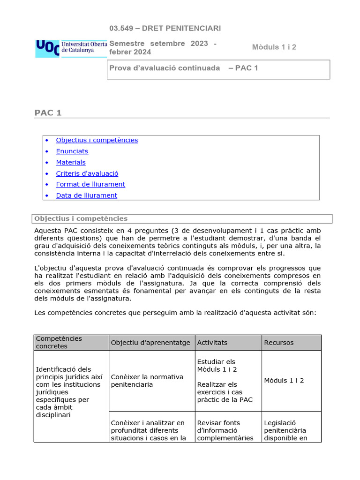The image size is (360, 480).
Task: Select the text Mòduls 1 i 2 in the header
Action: tap(274, 47)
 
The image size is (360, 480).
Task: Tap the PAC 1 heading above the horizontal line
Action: tap(48, 112)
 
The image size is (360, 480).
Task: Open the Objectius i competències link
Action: tap(97, 140)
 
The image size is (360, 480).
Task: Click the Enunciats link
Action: tap(72, 151)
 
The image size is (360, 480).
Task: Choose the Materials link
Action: tap(71, 162)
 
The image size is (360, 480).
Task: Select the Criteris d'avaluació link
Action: tap(87, 173)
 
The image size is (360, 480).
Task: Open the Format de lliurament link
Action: tap(90, 184)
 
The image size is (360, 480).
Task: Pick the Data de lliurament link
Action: tap(86, 195)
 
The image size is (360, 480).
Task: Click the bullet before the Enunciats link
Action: tap(46, 151)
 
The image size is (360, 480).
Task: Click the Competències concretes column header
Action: tap(59, 342)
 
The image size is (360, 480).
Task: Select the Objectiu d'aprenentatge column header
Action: tap(150, 343)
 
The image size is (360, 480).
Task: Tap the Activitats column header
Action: tap(212, 343)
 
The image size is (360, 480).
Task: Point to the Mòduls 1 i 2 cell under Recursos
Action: tap(284, 381)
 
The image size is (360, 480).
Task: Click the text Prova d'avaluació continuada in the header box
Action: tap(165, 68)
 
